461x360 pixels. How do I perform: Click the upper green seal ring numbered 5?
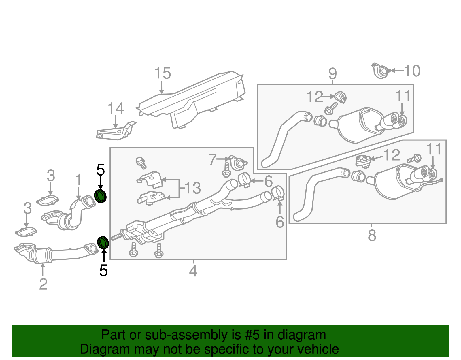[x=100, y=196]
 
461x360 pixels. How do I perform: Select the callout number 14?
[x=116, y=109]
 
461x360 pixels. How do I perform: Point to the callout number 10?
[x=412, y=71]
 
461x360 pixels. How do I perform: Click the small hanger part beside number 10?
[x=381, y=71]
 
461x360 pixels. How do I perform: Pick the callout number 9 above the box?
[x=332, y=74]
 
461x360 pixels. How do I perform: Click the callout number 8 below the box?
[x=372, y=235]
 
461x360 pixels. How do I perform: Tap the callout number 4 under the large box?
[x=193, y=271]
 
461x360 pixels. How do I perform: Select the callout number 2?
[x=43, y=284]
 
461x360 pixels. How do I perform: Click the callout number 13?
[x=192, y=188]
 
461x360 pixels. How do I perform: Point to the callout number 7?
[x=213, y=159]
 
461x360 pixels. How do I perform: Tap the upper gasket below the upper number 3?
[x=48, y=201]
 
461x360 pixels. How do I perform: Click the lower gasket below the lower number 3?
[x=26, y=232]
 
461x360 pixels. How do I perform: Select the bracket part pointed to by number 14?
[x=114, y=133]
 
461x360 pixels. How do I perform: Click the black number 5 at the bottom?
[x=103, y=271]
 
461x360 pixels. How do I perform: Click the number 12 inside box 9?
[x=315, y=97]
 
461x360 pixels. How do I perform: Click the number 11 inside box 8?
[x=434, y=149]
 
